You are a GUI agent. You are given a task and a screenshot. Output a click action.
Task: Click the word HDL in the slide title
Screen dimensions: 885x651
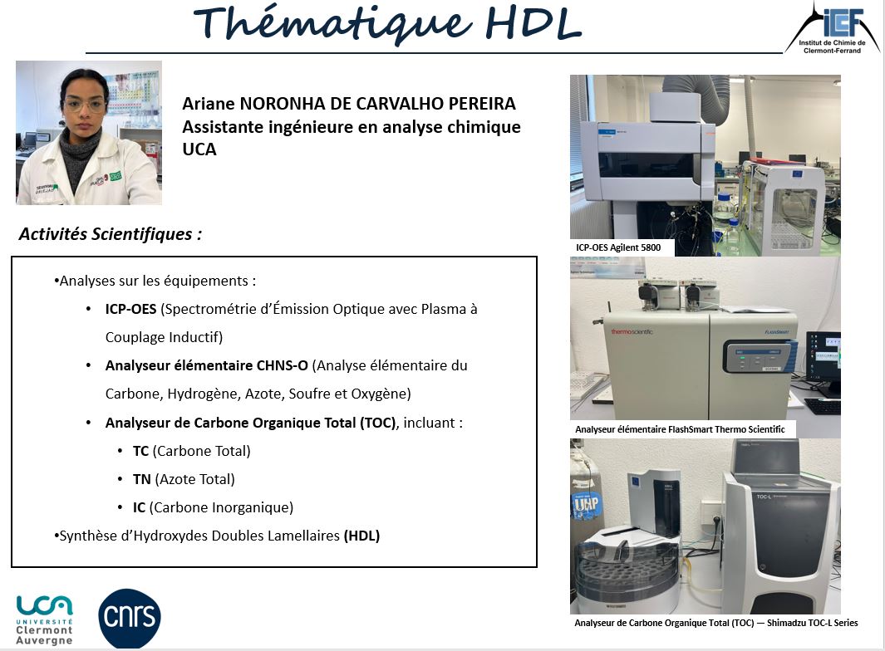point(533,24)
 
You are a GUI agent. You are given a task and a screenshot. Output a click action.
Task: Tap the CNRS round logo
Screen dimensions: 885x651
point(130,617)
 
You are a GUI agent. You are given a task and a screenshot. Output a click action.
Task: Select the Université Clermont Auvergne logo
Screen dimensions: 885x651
point(44,620)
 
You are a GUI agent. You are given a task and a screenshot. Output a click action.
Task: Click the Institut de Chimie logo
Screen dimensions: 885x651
point(832,28)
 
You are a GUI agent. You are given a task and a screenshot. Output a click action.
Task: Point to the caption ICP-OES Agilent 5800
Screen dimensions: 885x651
point(618,247)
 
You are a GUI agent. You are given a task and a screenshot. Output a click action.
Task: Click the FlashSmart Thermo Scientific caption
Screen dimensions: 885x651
point(680,429)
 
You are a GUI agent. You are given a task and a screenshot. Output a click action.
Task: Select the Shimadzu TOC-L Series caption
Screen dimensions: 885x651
point(716,623)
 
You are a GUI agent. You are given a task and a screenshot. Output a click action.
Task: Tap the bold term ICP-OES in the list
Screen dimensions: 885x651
point(130,309)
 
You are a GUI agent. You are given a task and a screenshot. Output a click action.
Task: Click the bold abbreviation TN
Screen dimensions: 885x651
point(141,479)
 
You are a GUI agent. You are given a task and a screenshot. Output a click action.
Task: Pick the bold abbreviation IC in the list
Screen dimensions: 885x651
point(139,507)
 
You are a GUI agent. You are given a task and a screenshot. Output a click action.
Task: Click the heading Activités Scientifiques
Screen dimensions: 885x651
point(110,233)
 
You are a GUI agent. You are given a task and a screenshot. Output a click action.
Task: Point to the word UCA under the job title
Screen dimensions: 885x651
point(199,149)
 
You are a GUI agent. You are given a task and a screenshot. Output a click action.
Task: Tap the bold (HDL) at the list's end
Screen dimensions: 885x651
point(361,536)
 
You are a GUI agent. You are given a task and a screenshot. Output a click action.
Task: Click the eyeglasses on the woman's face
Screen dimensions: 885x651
point(85,105)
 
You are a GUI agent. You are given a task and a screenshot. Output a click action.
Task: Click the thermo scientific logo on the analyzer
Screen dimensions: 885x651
point(632,331)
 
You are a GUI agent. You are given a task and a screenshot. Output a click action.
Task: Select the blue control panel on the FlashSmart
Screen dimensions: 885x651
point(760,356)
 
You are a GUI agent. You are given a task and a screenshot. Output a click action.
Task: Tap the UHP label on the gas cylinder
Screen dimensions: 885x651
point(586,503)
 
